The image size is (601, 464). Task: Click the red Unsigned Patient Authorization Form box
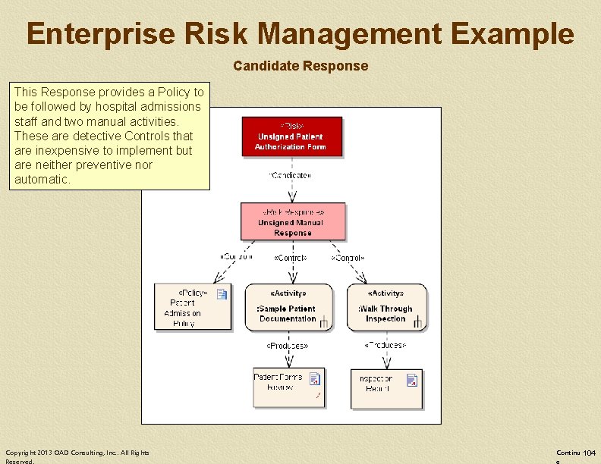click(x=291, y=136)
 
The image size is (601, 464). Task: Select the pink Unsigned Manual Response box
click(x=293, y=221)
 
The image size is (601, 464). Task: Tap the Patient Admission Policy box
click(x=192, y=307)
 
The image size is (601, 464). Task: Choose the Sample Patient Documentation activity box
click(x=288, y=307)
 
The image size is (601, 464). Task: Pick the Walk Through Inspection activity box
click(x=386, y=307)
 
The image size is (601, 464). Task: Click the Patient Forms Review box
click(x=288, y=388)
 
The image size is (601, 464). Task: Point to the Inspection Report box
click(x=386, y=388)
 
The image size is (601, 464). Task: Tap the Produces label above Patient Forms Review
click(x=287, y=346)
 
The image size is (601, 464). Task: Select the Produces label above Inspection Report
click(x=385, y=346)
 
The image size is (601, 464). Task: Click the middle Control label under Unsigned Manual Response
click(x=290, y=258)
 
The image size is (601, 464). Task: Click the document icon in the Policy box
click(x=222, y=294)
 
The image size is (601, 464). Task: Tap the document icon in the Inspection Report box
click(x=412, y=380)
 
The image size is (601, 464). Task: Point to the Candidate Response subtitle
click(x=300, y=66)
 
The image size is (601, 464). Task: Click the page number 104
click(x=589, y=453)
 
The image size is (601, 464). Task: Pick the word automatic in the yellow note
click(x=42, y=180)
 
